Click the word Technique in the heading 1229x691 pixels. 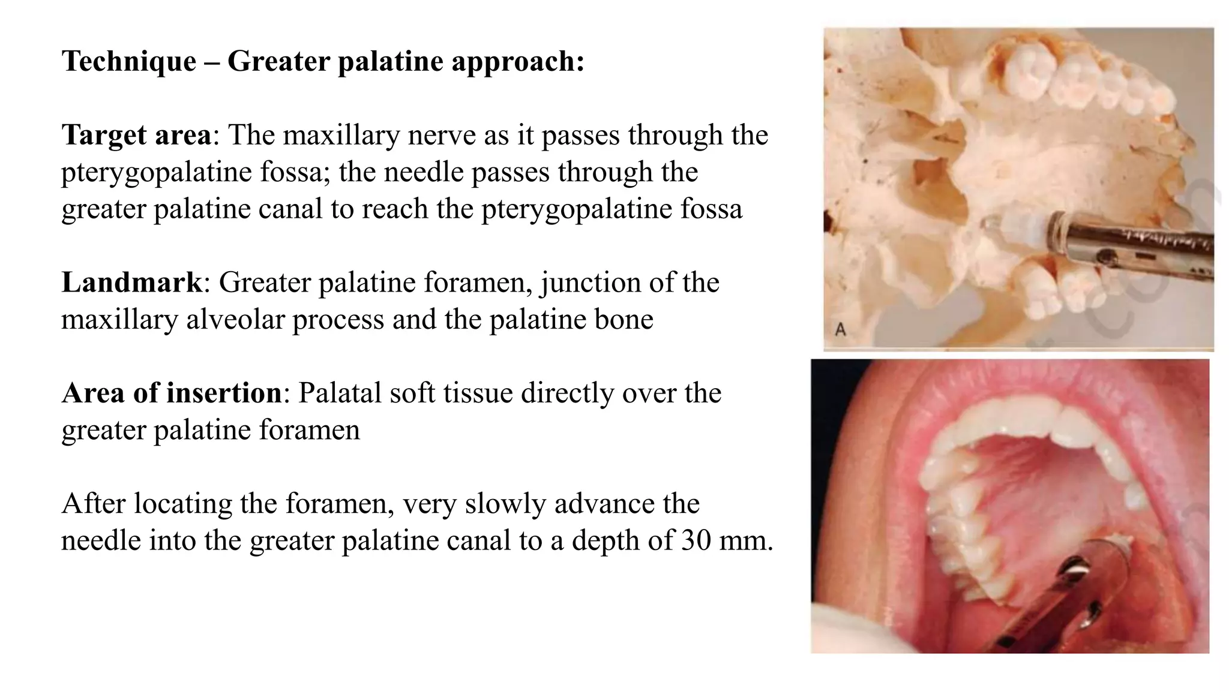pyautogui.click(x=129, y=61)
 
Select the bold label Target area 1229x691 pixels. pyautogui.click(x=136, y=135)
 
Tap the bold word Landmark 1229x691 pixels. pyautogui.click(x=132, y=283)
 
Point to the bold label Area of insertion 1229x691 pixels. pyautogui.click(x=171, y=393)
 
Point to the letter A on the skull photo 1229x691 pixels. pyautogui.click(x=841, y=329)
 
